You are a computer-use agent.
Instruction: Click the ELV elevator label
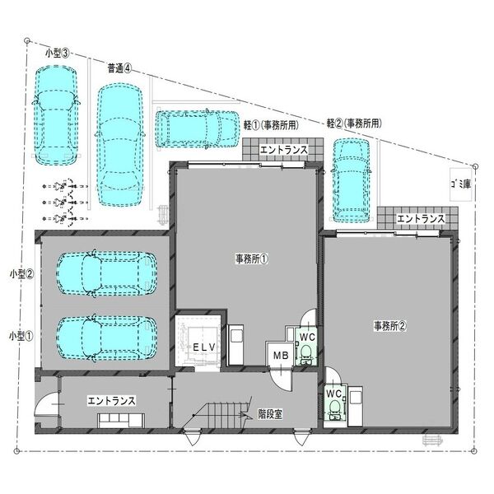[204, 347]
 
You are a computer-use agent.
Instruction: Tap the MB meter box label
[281, 356]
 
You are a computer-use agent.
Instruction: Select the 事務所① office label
[252, 259]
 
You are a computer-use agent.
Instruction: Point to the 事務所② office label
[390, 326]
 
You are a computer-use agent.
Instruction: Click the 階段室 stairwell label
[270, 414]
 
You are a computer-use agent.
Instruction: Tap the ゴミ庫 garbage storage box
[460, 184]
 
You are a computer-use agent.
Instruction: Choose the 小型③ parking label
[57, 54]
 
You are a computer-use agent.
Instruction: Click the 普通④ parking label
[119, 68]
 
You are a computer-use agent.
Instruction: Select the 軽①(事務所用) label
[271, 125]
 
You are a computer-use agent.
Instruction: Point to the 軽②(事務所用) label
[354, 123]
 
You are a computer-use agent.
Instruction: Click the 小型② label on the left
[21, 274]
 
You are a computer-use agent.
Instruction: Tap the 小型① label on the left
[21, 336]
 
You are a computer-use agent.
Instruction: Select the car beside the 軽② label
[352, 180]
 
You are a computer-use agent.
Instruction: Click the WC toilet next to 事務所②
[335, 405]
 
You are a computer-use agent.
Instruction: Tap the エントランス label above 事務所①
[283, 150]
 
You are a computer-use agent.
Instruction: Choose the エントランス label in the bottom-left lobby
[111, 401]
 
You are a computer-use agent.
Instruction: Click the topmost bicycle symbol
[65, 186]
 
